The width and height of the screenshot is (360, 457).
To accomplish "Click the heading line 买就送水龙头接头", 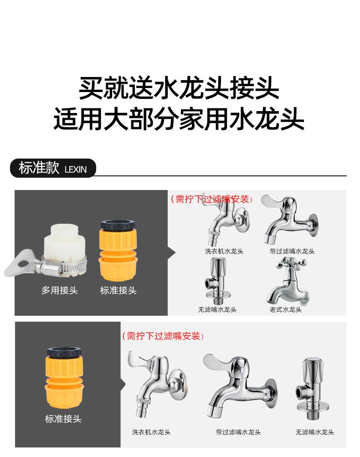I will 179,88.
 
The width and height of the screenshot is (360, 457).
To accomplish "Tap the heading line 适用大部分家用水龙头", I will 179,119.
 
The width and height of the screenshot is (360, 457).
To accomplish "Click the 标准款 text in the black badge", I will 39,168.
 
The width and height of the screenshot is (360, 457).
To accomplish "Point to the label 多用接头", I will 60,291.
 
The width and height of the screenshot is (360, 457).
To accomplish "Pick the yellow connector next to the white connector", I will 118,250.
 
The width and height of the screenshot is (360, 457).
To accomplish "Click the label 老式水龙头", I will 285,310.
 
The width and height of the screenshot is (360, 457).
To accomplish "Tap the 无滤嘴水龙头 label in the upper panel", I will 217,310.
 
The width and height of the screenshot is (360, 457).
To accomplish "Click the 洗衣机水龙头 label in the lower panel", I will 152,432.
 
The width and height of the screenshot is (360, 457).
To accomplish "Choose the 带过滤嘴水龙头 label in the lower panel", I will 238,432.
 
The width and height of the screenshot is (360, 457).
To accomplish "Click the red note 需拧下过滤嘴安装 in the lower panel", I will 163,336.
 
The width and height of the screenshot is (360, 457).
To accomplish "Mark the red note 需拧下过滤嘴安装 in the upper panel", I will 212,199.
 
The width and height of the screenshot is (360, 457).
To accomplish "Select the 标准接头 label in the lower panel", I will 63,419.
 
